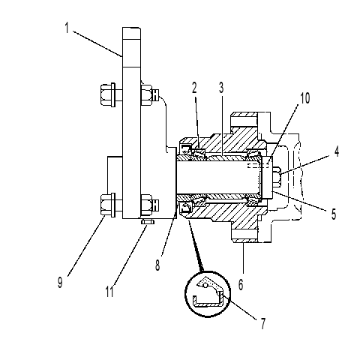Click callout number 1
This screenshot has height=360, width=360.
[67, 28]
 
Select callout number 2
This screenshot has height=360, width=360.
[194, 88]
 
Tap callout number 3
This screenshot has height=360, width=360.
[221, 88]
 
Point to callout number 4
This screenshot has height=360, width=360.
[337, 151]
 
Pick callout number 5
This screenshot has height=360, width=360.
[334, 214]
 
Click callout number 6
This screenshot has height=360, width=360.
[241, 284]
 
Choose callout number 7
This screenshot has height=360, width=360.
[262, 324]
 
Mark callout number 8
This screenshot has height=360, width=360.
[157, 265]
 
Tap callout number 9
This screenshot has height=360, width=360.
[60, 283]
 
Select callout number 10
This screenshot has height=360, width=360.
[304, 98]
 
